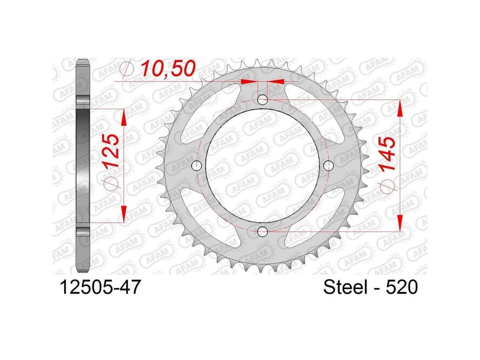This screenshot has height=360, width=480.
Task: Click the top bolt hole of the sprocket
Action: [262, 99]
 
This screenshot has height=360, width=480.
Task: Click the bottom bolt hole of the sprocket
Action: [262, 232]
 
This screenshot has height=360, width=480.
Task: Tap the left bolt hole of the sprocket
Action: [196, 165]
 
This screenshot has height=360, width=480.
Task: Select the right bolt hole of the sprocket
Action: [328, 165]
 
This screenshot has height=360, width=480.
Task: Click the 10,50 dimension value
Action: [168, 68]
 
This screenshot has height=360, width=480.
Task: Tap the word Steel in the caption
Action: [345, 287]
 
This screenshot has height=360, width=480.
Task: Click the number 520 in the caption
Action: [402, 287]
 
